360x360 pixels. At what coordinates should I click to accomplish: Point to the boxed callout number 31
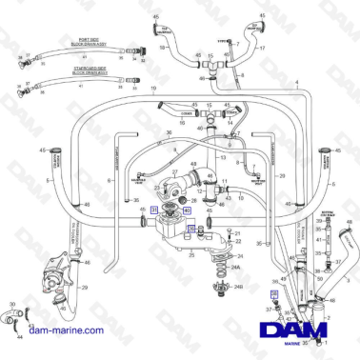click(154, 210)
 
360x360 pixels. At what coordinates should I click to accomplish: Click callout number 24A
click(237, 270)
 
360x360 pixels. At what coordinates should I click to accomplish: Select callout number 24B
click(238, 286)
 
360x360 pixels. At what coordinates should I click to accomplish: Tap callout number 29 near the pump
click(85, 286)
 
